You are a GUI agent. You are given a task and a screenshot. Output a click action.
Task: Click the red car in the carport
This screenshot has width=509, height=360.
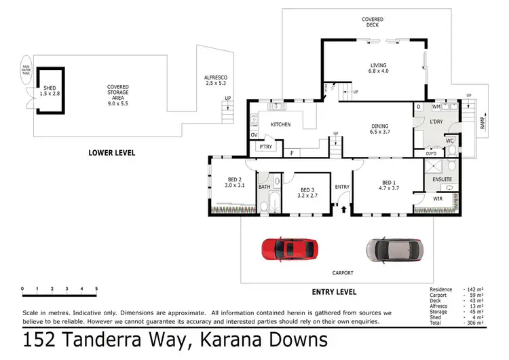point(289,249)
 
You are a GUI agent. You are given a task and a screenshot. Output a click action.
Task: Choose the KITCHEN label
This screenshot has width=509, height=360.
point(281,124)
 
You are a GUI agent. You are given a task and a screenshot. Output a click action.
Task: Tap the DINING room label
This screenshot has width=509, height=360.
point(380,125)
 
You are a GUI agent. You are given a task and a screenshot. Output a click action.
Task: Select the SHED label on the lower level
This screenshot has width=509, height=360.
point(49,88)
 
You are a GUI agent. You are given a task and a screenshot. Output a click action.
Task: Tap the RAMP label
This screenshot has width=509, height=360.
point(482,123)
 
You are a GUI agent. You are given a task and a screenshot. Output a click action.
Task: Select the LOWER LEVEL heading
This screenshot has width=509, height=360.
point(112,153)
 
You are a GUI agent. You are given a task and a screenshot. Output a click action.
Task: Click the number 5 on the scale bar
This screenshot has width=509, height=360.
point(96,289)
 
